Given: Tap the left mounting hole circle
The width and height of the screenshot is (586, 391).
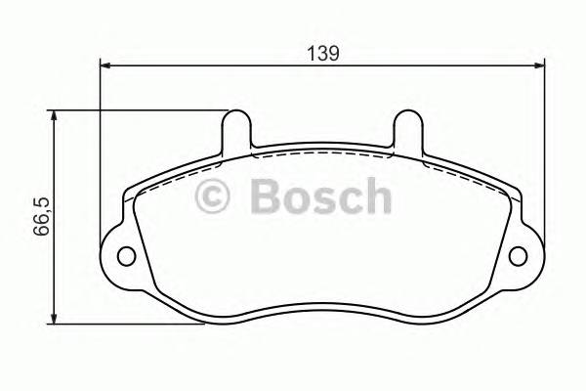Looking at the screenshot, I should pyautogui.click(x=126, y=257).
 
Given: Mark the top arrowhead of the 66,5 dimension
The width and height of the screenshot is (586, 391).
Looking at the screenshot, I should pyautogui.click(x=53, y=115).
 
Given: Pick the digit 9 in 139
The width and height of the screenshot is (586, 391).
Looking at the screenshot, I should pyautogui.click(x=334, y=55).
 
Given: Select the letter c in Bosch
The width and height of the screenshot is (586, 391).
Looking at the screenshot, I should pyautogui.click(x=351, y=200).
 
